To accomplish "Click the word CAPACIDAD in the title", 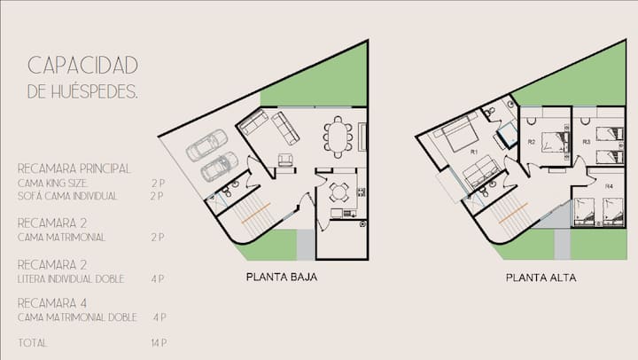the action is (x=83, y=66).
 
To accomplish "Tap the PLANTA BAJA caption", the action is (x=282, y=277).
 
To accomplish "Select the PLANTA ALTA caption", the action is (x=541, y=278).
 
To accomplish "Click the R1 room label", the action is (x=473, y=152).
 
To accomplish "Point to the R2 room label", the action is (x=532, y=142).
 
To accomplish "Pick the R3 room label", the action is (x=587, y=142).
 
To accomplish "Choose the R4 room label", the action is (x=609, y=186).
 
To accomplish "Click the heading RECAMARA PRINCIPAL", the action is (x=74, y=168).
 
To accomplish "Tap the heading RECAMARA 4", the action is (x=52, y=303).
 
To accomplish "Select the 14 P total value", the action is (x=159, y=343).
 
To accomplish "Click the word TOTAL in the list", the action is (x=33, y=343).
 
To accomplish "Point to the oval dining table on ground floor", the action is (x=338, y=137).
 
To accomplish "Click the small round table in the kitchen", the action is (x=338, y=192).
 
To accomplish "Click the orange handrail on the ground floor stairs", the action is (x=256, y=213).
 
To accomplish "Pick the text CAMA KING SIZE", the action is (x=52, y=184).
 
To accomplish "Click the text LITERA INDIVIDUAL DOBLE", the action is (x=71, y=279).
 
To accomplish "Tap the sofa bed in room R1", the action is (x=480, y=172).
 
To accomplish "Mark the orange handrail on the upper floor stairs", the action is (x=513, y=213).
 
